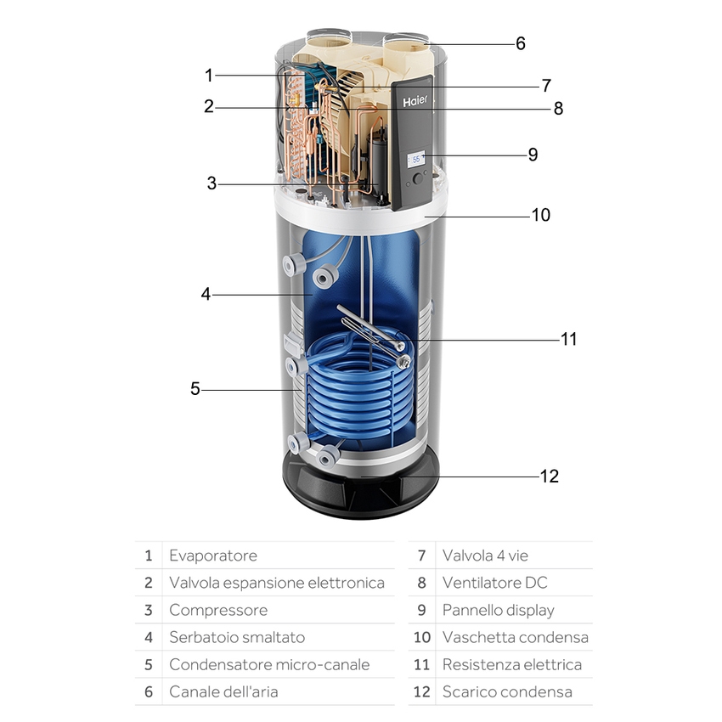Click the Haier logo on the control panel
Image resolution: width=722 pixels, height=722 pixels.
point(415,100)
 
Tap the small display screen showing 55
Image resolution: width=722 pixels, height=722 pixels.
point(416,159)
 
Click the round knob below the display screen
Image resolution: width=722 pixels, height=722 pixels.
point(418,179)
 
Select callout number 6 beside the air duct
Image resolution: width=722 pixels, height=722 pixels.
point(521,42)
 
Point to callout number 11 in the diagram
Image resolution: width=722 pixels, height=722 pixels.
point(568,339)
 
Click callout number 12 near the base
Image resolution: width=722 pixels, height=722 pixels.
point(550,476)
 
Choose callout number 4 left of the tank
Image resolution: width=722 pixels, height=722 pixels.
point(206,294)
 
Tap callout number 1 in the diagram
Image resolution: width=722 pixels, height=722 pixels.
point(209,75)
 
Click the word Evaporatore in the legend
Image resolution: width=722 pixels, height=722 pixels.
point(212,556)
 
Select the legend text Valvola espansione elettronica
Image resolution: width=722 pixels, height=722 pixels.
point(276,583)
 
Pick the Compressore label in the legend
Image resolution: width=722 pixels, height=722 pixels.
point(217,610)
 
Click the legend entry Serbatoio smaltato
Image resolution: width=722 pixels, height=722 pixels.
point(236,637)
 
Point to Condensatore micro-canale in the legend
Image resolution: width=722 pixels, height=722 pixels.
point(269,664)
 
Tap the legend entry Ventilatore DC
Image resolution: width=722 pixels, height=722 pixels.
point(494,583)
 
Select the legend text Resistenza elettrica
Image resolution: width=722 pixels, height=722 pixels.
point(511,664)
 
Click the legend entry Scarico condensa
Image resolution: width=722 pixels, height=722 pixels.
point(506,691)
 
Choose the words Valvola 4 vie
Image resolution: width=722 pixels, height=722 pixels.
point(485,556)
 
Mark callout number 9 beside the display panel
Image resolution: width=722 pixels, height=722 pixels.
point(533,155)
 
